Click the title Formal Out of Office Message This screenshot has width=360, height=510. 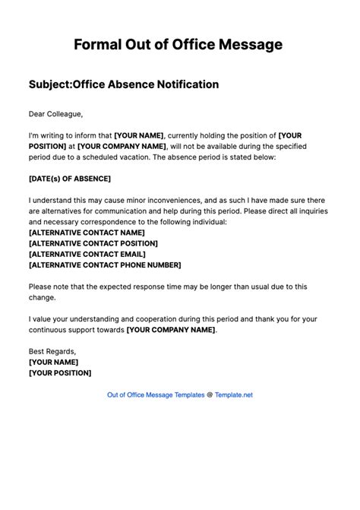179,46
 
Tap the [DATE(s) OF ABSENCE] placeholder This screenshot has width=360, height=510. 69,178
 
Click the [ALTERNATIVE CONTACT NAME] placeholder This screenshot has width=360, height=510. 86,233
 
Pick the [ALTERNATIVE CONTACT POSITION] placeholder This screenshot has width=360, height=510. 93,243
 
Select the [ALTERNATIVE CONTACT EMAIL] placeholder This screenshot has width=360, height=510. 87,254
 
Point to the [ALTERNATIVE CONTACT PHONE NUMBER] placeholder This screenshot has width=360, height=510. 105,265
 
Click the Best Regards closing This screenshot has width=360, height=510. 52,352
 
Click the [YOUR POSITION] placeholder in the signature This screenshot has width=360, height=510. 60,373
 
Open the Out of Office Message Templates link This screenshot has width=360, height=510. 156,416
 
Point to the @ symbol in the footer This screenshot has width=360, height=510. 210,416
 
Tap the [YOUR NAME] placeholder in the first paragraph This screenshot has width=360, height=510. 139,133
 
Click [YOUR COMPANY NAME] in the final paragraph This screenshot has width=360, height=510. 171,330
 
